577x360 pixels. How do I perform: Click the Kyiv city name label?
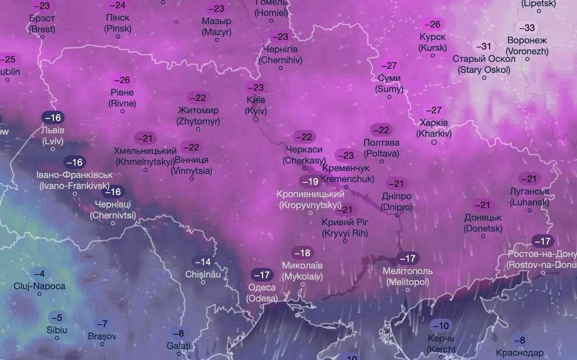(256, 105)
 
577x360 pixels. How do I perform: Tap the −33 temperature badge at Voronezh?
(527, 28)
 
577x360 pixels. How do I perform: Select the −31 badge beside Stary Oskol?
(484, 46)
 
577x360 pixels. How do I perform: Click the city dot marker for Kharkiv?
(434, 142)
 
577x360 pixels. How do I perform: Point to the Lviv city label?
(53, 135)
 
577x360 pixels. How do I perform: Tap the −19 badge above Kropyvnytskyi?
(311, 181)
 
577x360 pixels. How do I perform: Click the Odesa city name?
(262, 292)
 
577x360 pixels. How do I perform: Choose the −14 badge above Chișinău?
(202, 262)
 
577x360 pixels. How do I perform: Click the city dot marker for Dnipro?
(397, 215)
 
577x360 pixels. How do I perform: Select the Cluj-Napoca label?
(39, 286)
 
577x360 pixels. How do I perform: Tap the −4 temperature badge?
(40, 273)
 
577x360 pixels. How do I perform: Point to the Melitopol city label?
(408, 277)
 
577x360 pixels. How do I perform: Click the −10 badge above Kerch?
(441, 325)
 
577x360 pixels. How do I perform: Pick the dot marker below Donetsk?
(483, 236)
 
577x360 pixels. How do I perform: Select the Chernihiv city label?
(280, 54)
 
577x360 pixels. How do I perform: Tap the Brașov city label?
(102, 336)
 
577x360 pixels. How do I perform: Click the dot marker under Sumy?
(389, 97)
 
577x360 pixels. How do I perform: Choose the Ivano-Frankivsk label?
(74, 180)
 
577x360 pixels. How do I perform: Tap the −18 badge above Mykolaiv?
(302, 253)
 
